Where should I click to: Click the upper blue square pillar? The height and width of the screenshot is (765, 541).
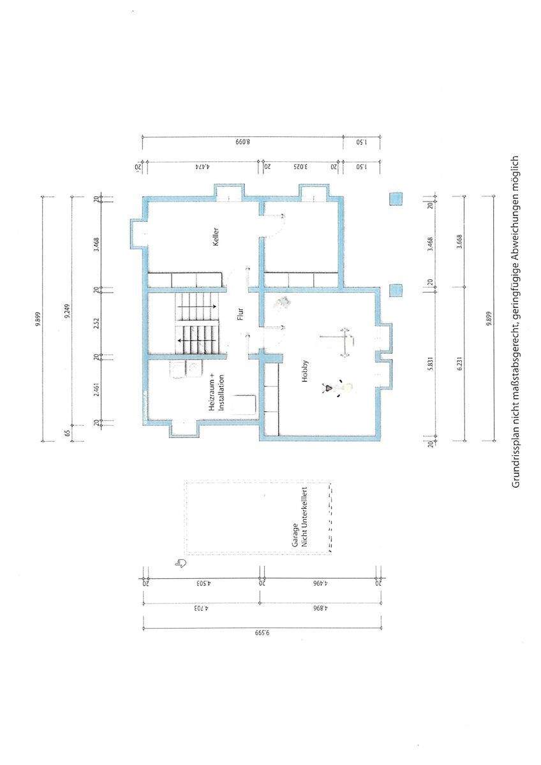[396, 199]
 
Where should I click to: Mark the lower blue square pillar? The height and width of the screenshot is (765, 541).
[396, 290]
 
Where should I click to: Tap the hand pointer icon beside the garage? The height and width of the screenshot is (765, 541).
[181, 562]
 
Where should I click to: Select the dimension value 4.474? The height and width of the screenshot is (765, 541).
[204, 166]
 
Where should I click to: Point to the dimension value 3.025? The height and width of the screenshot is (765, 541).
[300, 166]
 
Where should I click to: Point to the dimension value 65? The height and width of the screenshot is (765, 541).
[67, 433]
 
